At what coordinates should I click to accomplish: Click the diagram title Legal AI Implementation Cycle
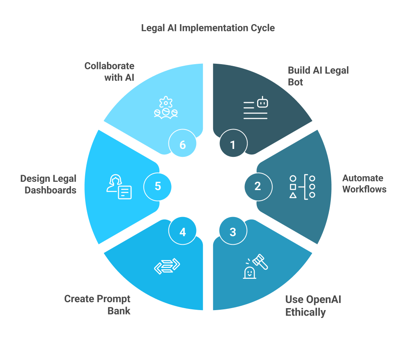coord(208,28)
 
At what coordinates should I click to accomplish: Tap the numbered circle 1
coord(233,143)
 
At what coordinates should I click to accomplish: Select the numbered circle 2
coord(258,187)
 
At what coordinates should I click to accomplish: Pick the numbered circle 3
coord(233,231)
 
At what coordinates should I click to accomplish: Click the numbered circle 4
coord(183,231)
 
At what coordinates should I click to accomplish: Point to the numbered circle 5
coord(157,187)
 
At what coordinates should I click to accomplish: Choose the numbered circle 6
coord(183,143)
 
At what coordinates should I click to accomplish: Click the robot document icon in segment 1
coord(256,108)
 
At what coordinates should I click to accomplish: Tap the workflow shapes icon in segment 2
coord(302,187)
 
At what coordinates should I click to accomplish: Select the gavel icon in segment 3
coord(256,267)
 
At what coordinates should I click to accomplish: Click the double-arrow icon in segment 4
coord(167,266)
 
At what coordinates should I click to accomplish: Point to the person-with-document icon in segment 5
coord(119,187)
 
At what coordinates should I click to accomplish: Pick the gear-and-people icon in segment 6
coord(166,107)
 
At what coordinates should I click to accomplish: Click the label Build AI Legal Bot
coord(319,76)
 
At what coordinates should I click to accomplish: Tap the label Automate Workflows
coord(364,184)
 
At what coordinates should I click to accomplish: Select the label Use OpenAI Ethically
coord(313,306)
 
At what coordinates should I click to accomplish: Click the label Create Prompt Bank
coord(97,305)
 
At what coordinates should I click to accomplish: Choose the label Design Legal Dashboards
coord(48,185)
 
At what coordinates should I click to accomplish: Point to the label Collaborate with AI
coord(109,72)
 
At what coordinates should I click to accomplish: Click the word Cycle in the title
coord(263,28)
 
